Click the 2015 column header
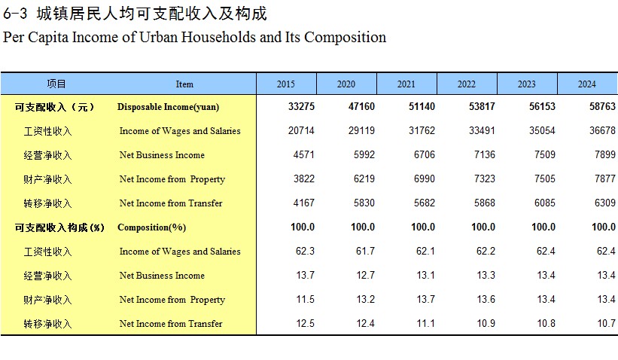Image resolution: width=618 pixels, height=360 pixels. click(286, 84)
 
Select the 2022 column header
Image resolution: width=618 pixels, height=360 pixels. click(467, 84)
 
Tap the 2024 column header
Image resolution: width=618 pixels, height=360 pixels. click(587, 84)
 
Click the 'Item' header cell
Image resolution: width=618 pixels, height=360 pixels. click(184, 84)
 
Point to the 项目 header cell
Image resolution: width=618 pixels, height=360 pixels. click(56, 84)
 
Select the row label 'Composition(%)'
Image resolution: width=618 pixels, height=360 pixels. click(151, 227)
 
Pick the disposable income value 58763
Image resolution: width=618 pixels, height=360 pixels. click(602, 107)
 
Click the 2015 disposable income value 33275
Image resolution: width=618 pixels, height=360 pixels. click(301, 107)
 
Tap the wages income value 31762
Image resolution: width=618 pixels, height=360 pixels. click(422, 131)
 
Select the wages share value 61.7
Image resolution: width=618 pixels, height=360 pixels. click(365, 252)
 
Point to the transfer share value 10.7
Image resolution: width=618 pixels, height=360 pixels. click(606, 324)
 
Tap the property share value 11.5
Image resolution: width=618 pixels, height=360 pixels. click(305, 300)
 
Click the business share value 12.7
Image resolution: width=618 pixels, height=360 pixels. click(365, 276)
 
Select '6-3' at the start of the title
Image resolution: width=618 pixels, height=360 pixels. click(16, 14)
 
